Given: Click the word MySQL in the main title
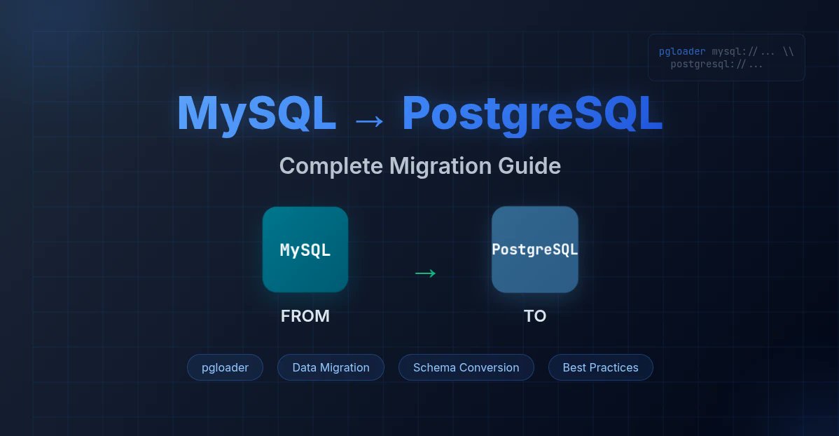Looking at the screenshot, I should [x=256, y=114].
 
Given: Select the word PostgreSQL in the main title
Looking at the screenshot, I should [x=532, y=114].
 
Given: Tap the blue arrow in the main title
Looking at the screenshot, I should [x=369, y=121].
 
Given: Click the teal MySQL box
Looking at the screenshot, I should [x=305, y=250].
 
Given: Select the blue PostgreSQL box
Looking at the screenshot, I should [x=535, y=250].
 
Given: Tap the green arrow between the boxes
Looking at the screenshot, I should [x=425, y=273].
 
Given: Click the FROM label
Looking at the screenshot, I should [x=305, y=316].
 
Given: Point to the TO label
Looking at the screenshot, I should [x=535, y=316].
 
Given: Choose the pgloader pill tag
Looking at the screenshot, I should [x=225, y=367].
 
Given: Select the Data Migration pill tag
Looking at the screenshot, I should [x=331, y=367].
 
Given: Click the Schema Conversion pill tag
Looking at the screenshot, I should [x=466, y=367].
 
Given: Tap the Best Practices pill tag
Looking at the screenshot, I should [x=600, y=367].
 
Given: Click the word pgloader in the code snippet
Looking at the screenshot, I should [x=682, y=52].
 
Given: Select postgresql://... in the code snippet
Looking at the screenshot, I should [x=716, y=64].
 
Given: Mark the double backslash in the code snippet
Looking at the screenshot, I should [x=787, y=52].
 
